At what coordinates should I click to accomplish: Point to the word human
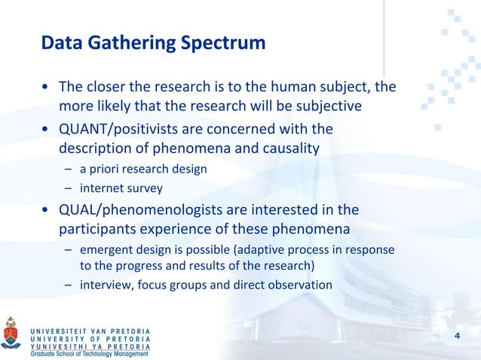pyautogui.click(x=278, y=87)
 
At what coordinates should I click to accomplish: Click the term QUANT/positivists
pyautogui.click(x=118, y=129)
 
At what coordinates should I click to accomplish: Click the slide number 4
pyautogui.click(x=456, y=334)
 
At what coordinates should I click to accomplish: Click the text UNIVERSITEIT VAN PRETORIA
pyautogui.click(x=90, y=331)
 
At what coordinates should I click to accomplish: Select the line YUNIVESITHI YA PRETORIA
pyautogui.click(x=90, y=346)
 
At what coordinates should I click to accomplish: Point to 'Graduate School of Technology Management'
pyautogui.click(x=84, y=355)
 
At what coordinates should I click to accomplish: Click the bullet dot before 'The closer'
pyautogui.click(x=46, y=87)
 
